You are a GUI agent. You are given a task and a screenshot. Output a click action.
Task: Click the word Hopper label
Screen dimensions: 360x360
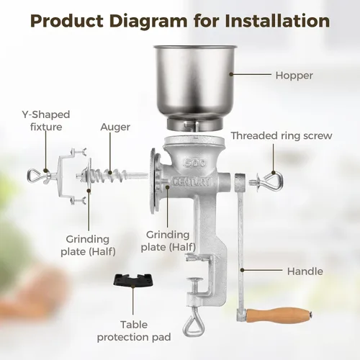pyautogui.click(x=294, y=76)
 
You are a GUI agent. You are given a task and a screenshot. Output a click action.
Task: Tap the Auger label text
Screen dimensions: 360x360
pyautogui.click(x=115, y=127)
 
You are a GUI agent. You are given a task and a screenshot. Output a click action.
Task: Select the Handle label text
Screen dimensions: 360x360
pyautogui.click(x=305, y=271)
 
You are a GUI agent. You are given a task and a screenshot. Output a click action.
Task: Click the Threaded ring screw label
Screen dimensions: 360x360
pyautogui.click(x=282, y=136)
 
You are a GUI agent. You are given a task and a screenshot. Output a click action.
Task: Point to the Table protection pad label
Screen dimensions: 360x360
pyautogui.click(x=134, y=331)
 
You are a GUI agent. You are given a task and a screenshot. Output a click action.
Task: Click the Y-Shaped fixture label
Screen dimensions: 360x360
pyautogui.click(x=46, y=121)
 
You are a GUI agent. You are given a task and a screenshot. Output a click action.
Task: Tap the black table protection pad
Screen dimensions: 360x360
pyautogui.click(x=133, y=280)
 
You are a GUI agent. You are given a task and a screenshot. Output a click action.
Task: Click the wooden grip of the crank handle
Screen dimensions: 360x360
pyautogui.click(x=279, y=313)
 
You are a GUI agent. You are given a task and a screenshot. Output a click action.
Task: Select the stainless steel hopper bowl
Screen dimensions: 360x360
pyautogui.click(x=195, y=86)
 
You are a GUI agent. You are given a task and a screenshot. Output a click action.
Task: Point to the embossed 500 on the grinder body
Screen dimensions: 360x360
pyautogui.click(x=195, y=163)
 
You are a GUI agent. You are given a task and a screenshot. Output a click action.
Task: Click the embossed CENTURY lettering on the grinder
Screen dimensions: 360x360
pyautogui.click(x=192, y=182)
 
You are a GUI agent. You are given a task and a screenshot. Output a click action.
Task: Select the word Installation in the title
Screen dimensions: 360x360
pyautogui.click(x=277, y=21)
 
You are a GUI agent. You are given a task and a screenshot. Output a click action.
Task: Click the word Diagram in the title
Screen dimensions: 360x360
pyautogui.click(x=148, y=22)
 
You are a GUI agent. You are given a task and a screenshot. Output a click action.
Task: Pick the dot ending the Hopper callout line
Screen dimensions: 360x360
pyautogui.click(x=231, y=74)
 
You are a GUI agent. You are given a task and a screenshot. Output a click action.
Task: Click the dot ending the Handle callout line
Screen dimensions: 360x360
pyautogui.click(x=243, y=270)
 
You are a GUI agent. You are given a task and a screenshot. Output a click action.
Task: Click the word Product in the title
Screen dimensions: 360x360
pyautogui.click(x=67, y=21)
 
